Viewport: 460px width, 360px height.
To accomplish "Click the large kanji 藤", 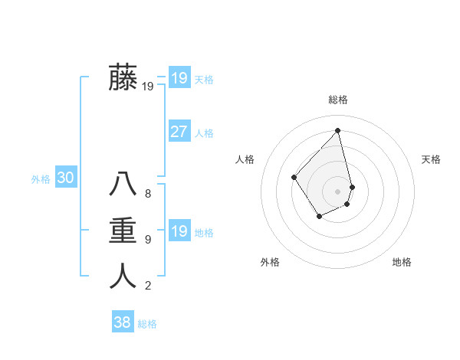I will (x=123, y=78).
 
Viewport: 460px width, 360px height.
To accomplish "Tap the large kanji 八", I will (x=123, y=185).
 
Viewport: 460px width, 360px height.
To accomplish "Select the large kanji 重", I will (x=123, y=231).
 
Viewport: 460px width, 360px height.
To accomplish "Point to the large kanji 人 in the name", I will (x=123, y=276).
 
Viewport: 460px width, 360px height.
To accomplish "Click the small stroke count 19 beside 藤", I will (x=148, y=87).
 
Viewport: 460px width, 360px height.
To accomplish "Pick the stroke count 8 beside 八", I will (x=148, y=194).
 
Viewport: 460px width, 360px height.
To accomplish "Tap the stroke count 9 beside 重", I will (x=148, y=240).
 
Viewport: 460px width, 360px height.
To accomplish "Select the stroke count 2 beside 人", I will (x=148, y=286).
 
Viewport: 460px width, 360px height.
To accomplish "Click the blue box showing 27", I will (x=179, y=132).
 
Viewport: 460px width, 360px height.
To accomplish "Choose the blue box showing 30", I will (x=66, y=178).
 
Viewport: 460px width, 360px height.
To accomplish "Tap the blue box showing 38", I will (x=122, y=322).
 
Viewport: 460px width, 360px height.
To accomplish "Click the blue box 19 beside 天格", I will (x=179, y=78).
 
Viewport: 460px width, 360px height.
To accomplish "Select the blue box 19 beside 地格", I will (x=179, y=231).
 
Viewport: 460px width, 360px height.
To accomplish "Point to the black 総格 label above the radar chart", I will (x=338, y=100).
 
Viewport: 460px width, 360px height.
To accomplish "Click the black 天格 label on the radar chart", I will (x=431, y=159).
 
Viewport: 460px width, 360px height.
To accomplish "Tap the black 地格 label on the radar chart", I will (x=402, y=262).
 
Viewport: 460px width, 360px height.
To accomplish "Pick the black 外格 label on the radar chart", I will (x=270, y=262).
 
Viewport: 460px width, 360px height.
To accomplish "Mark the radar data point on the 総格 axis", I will (x=338, y=131).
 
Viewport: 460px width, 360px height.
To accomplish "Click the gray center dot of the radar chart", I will (x=338, y=191).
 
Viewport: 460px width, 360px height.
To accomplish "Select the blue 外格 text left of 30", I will (x=41, y=179).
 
